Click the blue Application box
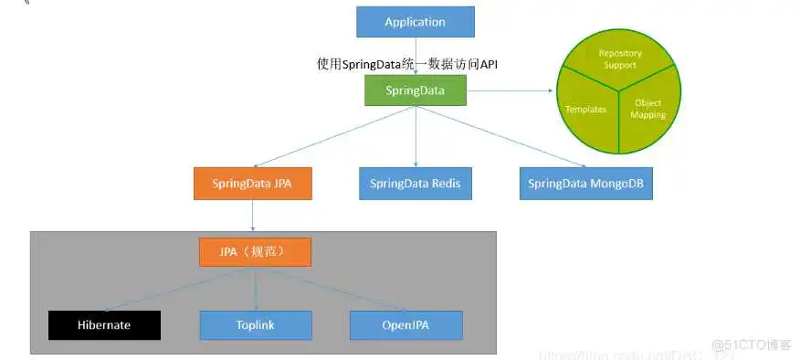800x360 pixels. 415,22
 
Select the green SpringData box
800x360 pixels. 416,90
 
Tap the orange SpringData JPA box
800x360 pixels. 253,183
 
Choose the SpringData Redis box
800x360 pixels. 416,183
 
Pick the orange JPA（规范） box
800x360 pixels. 255,252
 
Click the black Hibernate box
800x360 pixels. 104,324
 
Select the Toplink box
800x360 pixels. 256,324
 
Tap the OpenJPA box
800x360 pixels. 406,324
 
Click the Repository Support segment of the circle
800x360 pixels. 620,59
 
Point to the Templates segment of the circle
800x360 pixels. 587,110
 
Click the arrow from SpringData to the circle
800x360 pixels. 511,90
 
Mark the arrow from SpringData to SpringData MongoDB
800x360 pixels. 502,136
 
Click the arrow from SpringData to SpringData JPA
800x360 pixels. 333,136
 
